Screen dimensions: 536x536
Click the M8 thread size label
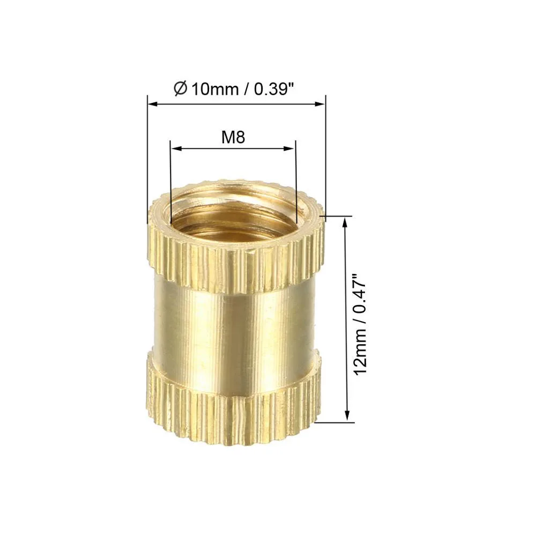tap(233, 138)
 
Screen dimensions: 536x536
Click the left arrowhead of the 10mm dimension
tap(151, 103)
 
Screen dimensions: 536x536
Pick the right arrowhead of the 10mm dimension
tap(322, 103)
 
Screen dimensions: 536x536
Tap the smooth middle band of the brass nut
tap(236, 322)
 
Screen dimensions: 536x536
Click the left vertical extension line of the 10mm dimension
tap(147, 161)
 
